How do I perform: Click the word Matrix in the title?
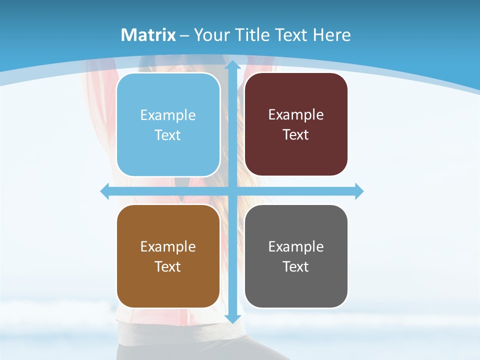(148, 35)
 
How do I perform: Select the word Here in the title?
(331, 35)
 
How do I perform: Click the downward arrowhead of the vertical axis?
(232, 318)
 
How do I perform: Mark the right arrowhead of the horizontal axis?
(359, 191)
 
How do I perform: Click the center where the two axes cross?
(232, 191)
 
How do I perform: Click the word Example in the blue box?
(168, 115)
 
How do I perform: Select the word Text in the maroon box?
(296, 135)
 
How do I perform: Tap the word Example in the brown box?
(168, 247)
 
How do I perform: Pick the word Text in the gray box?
(296, 266)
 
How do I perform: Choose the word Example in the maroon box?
(296, 115)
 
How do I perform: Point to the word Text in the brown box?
(168, 266)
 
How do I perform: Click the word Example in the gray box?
(296, 247)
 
